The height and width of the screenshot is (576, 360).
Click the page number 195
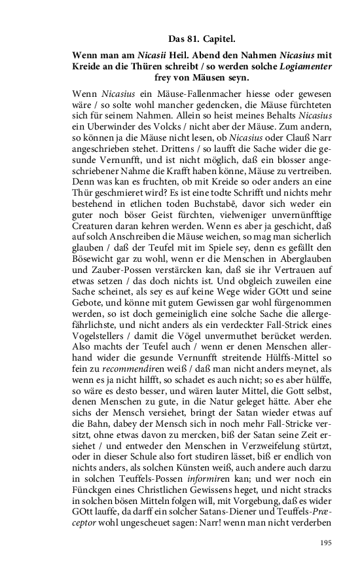click(x=327, y=543)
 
